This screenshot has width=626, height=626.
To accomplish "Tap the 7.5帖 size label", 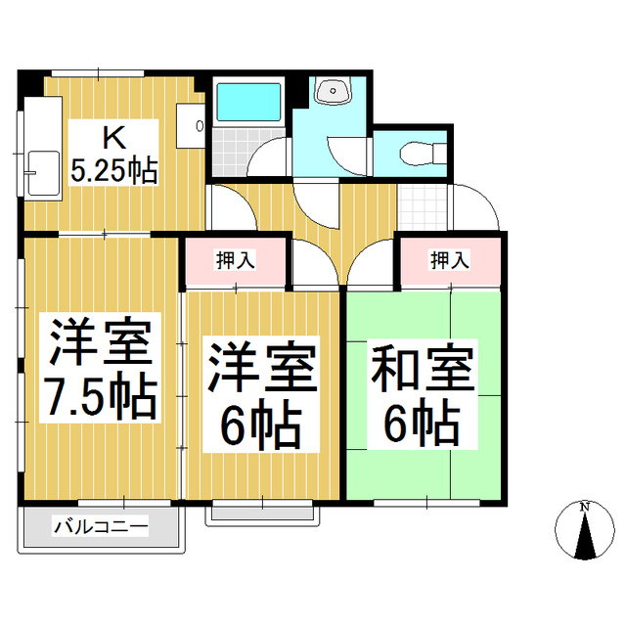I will (98, 396).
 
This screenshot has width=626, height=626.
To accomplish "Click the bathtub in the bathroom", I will (248, 101).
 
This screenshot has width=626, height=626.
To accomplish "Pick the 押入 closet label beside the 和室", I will (449, 260).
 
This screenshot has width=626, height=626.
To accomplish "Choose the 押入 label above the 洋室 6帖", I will (236, 260).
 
